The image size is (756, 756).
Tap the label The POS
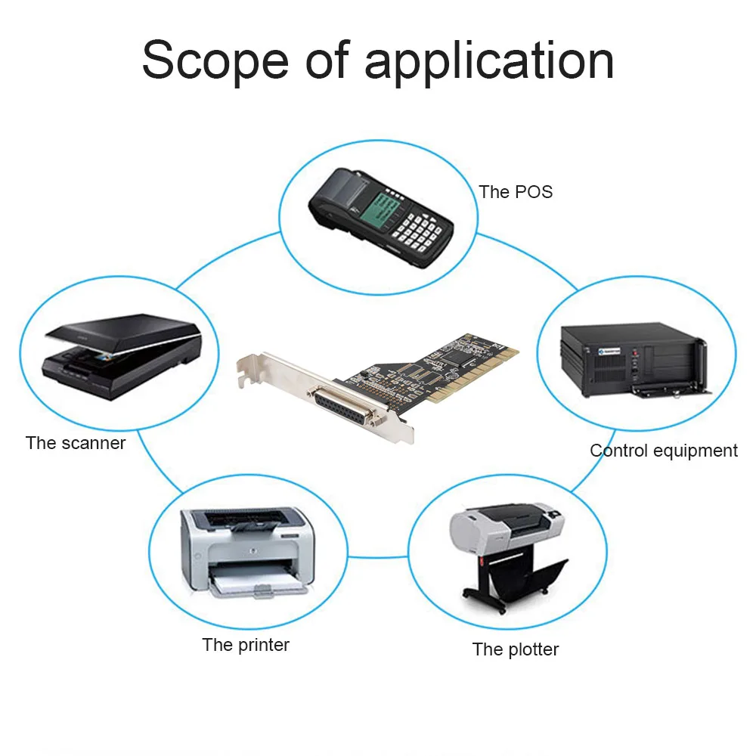click(516, 192)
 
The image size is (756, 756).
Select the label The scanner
click(76, 443)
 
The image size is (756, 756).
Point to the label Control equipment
click(663, 451)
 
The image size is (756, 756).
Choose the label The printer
click(246, 645)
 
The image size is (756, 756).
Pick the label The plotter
click(516, 649)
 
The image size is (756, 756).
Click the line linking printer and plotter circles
click(377, 557)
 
